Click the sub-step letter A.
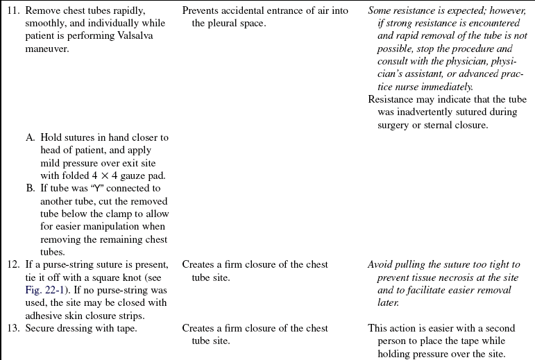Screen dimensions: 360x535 (31, 137)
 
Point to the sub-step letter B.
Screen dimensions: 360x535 (31, 189)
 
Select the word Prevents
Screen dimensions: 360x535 (201, 11)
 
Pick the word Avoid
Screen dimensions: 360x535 (381, 265)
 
